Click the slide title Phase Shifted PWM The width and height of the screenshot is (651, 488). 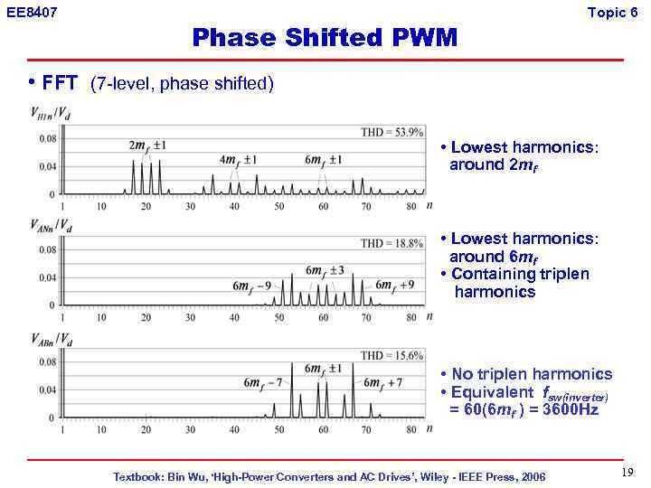click(x=325, y=38)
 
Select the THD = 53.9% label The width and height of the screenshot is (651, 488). click(x=392, y=132)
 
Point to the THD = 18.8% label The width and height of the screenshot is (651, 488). click(x=392, y=243)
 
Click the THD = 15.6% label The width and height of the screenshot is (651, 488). click(x=392, y=355)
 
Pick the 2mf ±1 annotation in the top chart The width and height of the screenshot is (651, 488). click(x=147, y=145)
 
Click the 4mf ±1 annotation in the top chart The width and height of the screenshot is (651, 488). click(x=239, y=160)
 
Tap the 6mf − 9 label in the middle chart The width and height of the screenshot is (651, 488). click(x=252, y=286)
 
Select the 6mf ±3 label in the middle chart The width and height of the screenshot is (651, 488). click(x=325, y=270)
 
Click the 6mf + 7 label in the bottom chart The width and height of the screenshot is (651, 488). click(x=384, y=383)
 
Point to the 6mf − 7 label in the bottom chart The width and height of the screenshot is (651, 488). click(x=263, y=383)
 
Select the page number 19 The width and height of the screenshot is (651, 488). click(x=627, y=474)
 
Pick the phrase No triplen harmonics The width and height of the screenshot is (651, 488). click(x=532, y=374)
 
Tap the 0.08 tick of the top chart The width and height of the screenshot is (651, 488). click(x=46, y=138)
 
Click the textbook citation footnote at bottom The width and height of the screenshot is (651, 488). click(x=329, y=476)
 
